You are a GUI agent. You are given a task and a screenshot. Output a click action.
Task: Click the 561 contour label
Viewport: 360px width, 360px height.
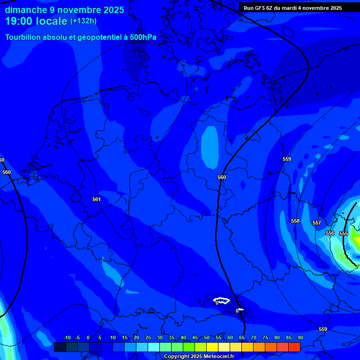[x=96, y=199]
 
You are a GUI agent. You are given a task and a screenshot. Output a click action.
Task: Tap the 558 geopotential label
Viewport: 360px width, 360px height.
[x=295, y=221]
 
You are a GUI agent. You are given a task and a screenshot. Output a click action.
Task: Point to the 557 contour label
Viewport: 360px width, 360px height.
[x=317, y=223]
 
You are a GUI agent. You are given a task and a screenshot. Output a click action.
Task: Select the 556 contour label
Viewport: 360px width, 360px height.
[x=330, y=233]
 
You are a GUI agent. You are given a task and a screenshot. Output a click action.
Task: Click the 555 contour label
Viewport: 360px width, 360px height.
[x=344, y=233]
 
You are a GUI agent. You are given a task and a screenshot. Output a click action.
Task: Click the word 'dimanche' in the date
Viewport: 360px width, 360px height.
[x=26, y=10]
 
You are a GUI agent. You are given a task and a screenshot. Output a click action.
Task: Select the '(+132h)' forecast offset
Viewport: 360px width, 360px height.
[x=84, y=21]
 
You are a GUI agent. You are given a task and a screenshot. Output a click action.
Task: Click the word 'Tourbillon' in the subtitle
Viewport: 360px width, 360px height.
[x=26, y=37]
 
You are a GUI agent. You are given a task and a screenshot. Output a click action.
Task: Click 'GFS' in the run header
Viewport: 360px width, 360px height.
[x=259, y=8]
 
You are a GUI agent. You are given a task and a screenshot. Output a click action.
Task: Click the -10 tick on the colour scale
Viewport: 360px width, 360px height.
[x=67, y=337]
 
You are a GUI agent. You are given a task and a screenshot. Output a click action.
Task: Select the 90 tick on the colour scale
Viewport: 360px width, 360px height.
[x=300, y=337]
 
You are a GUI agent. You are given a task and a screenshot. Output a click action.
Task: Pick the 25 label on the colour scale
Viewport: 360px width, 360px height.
[x=148, y=337]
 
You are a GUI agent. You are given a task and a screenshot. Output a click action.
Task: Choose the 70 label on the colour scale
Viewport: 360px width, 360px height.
[x=253, y=337]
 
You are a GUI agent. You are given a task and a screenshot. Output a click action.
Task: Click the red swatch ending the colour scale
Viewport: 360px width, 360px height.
[x=294, y=347]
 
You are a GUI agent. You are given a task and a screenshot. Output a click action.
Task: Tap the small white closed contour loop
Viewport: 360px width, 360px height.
[x=221, y=300]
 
